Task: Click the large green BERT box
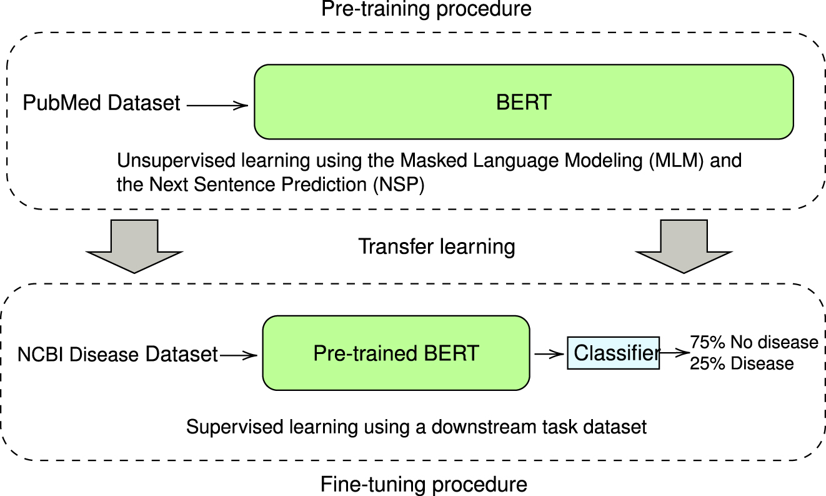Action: click(524, 101)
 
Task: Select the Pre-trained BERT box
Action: click(396, 353)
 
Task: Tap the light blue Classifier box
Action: click(613, 353)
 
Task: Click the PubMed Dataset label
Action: click(101, 103)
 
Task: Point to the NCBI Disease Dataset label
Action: click(117, 355)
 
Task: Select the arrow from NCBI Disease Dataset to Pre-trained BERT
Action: click(239, 355)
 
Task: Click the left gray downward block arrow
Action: click(134, 246)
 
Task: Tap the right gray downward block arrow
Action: click(684, 246)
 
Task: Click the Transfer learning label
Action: click(436, 246)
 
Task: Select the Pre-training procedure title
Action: click(425, 9)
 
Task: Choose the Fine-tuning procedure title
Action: click(424, 484)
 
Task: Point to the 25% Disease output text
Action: click(742, 363)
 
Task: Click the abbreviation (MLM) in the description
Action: click(669, 161)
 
